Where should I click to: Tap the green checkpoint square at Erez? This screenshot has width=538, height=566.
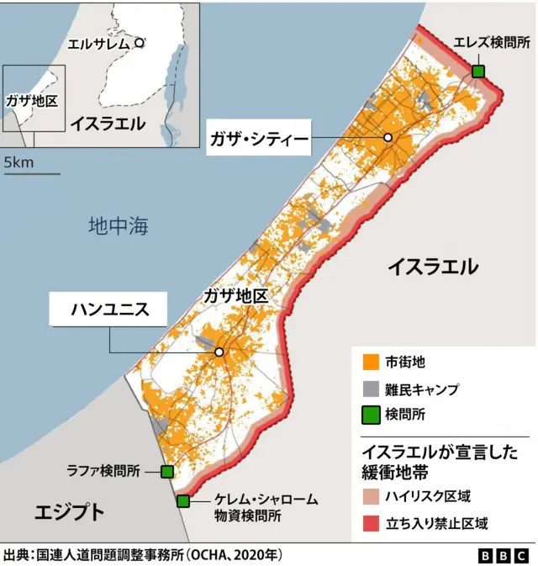(478, 71)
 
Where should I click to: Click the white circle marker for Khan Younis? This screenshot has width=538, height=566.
(219, 352)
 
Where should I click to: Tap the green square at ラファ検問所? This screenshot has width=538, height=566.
(166, 472)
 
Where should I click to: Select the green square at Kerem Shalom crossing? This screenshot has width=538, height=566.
(183, 501)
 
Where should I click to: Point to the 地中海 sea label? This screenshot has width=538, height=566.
(118, 225)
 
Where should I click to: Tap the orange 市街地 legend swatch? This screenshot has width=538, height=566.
(369, 362)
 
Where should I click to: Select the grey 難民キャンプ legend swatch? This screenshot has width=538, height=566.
(369, 389)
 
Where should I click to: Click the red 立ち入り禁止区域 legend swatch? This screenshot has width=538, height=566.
(369, 523)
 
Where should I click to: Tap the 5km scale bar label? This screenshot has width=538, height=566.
(18, 162)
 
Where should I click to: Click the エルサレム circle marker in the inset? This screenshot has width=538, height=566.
(140, 41)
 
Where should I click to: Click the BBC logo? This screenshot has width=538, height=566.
(503, 555)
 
